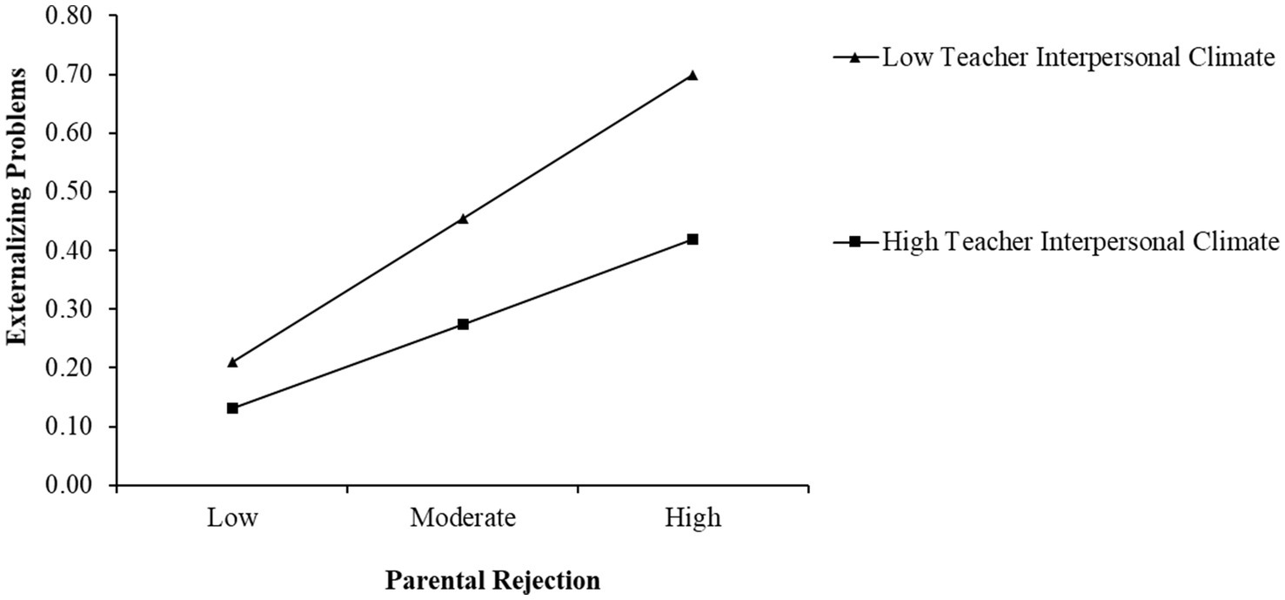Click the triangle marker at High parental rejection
[693, 75]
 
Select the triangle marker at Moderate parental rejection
[463, 219]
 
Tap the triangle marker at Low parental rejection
[232, 361]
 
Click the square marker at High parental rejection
[693, 239]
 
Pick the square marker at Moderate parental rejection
[463, 324]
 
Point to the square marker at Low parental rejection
[232, 408]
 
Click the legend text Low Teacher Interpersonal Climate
[1078, 58]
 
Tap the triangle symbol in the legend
[855, 58]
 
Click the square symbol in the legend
[855, 242]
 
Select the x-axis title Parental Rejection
[492, 581]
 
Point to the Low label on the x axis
[232, 518]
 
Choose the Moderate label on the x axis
[463, 518]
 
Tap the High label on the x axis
[693, 518]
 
